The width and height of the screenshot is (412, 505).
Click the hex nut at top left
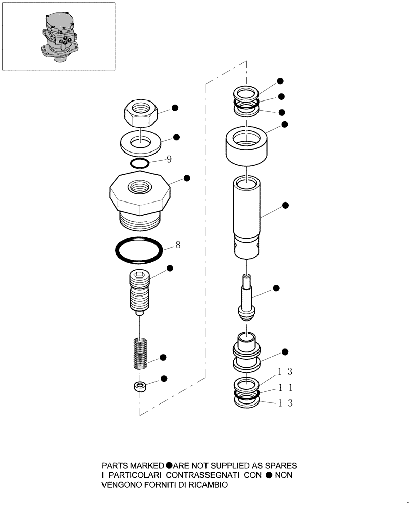pos(142,113)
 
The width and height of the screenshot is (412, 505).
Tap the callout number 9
pos(169,159)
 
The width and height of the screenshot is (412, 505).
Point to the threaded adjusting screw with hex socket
pos(141,292)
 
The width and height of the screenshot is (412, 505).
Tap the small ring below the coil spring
pos(139,387)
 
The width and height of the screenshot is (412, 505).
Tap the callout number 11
pos(285,388)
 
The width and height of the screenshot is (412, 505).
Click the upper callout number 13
pos(285,372)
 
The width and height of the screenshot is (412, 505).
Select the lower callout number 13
pos(285,403)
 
